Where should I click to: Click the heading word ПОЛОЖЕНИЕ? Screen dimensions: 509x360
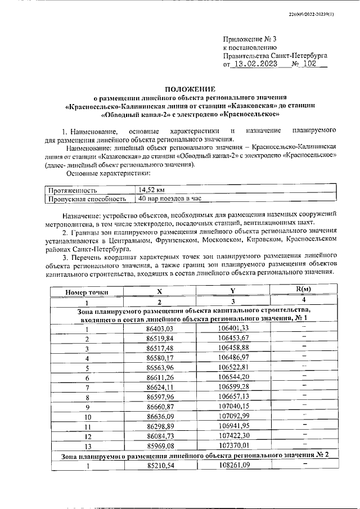click(190, 89)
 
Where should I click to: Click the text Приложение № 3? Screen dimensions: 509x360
click(250, 39)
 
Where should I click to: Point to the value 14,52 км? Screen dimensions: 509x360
click(151, 190)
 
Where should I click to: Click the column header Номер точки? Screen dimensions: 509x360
click(87, 292)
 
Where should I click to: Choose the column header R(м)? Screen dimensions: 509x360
click(303, 289)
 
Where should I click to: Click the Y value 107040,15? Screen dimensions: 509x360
click(233, 407)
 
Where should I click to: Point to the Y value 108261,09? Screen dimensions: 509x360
click(233, 466)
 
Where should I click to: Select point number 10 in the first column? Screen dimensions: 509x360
click(87, 417)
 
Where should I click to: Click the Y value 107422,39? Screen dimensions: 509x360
click(233, 436)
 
